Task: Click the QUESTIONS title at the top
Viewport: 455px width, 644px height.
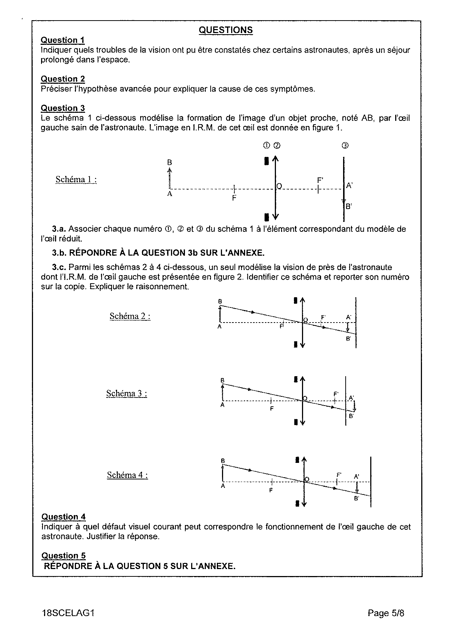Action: pyautogui.click(x=226, y=30)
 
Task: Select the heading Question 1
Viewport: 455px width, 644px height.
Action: pyautogui.click(x=62, y=40)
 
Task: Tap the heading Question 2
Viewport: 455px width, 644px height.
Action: pyautogui.click(x=62, y=79)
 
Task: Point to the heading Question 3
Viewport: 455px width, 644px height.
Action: pyautogui.click(x=62, y=108)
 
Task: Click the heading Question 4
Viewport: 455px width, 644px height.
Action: pyautogui.click(x=63, y=517)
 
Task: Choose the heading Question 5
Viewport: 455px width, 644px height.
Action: pyautogui.click(x=63, y=555)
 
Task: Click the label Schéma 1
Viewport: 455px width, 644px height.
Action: pyautogui.click(x=76, y=179)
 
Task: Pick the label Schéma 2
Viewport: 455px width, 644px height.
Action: pyautogui.click(x=130, y=316)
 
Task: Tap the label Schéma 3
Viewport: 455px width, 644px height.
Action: pyautogui.click(x=127, y=393)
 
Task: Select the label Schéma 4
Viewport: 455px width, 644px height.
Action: pyautogui.click(x=127, y=475)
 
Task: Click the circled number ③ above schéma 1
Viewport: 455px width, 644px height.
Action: pyautogui.click(x=345, y=145)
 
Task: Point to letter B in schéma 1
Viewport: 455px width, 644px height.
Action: pyautogui.click(x=170, y=162)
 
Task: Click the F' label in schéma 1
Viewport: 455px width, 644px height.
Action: pyautogui.click(x=320, y=180)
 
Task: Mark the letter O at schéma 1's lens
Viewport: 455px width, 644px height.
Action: pyautogui.click(x=279, y=186)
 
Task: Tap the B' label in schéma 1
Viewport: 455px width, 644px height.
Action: pyautogui.click(x=349, y=206)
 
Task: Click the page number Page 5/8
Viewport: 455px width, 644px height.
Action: pyautogui.click(x=386, y=613)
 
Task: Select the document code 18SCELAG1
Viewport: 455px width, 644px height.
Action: pyautogui.click(x=68, y=613)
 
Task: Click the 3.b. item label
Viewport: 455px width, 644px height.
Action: pyautogui.click(x=59, y=253)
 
